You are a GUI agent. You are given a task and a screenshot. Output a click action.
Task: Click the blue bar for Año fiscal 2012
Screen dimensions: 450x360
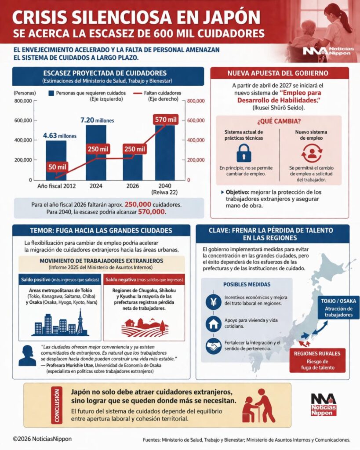coord(56,160)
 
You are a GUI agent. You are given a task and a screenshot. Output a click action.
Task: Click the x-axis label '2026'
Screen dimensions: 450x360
coord(131,186)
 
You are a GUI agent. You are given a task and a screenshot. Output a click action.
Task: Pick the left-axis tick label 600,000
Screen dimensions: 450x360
coord(22,120)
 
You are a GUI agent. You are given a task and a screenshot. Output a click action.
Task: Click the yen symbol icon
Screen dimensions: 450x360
coord(213,302)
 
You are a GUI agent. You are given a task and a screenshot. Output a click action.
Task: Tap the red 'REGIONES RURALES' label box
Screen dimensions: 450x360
coord(317,360)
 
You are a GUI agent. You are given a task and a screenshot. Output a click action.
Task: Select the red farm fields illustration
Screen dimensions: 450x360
coord(145,326)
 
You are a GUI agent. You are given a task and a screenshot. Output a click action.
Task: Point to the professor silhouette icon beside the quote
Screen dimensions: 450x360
coord(27,355)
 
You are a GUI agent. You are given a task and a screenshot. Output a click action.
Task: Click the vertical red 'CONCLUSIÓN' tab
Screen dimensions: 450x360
coord(56,404)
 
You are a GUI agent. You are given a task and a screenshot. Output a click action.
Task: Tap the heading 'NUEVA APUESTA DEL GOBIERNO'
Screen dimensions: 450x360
coord(280,73)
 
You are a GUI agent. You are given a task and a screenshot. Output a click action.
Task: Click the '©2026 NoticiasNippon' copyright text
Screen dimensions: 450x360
coord(42,439)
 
